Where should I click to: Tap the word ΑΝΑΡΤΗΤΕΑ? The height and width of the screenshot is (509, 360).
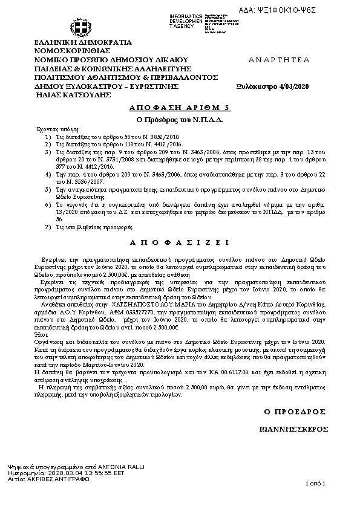(279, 60)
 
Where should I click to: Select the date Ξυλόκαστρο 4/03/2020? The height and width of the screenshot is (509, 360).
(272, 86)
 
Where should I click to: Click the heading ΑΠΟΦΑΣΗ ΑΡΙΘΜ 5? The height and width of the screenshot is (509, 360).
(180, 107)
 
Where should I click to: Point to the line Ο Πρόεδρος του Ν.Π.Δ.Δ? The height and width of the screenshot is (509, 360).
(180, 118)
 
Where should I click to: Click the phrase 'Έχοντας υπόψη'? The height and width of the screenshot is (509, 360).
(50, 129)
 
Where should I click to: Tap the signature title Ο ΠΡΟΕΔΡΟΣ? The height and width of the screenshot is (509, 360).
(290, 411)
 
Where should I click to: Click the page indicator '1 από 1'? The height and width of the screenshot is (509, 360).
(316, 484)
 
